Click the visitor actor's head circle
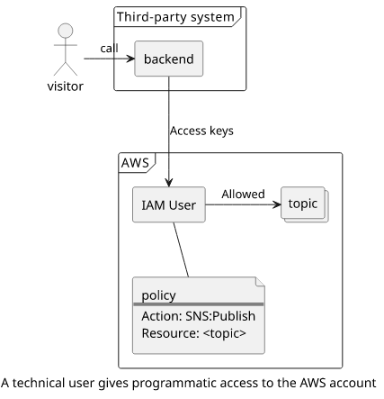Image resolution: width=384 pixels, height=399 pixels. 66,31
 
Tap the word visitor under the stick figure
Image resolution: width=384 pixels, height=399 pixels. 66,86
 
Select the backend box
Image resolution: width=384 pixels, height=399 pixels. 169,59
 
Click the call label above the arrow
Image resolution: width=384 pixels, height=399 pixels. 109,49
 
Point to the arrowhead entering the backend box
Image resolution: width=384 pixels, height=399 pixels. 131,59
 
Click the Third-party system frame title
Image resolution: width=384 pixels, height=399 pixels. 175,17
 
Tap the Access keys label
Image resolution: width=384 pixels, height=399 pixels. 201,131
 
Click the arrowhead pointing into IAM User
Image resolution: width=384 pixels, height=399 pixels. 169,183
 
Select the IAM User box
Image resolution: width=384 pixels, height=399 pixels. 169,204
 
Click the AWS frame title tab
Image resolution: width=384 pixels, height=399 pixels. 135,163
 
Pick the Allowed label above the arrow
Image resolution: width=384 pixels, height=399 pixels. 243,195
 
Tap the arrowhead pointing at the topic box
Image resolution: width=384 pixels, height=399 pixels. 277,204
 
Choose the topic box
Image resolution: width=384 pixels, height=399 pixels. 305,204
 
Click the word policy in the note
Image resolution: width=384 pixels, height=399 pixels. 158,295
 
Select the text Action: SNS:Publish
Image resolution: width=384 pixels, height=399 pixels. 199,316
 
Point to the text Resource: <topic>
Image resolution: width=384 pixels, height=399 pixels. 193,333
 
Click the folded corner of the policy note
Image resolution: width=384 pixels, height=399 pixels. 260,282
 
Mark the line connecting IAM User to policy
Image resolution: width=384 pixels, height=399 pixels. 181,249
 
